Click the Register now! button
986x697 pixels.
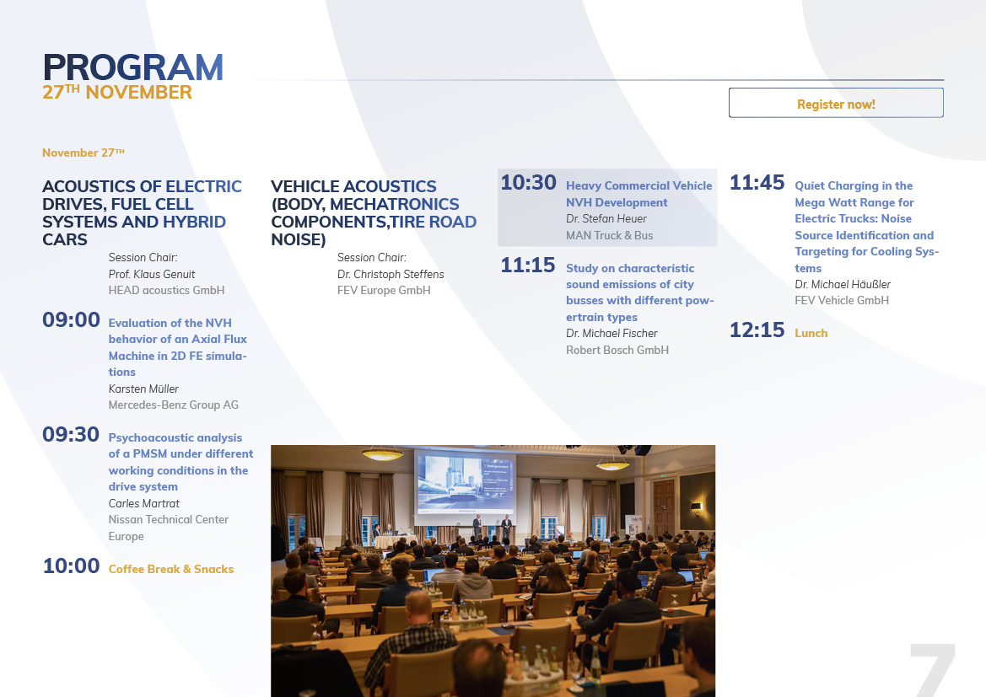pos(836,103)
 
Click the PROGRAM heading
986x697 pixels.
pos(132,67)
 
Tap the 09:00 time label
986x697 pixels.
pos(71,320)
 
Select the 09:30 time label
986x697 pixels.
pos(71,434)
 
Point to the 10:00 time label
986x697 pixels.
pos(71,566)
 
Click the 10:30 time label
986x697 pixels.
pos(528,182)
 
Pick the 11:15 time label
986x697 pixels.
pos(528,265)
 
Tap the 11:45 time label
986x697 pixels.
pos(757,182)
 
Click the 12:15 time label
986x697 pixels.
pos(757,330)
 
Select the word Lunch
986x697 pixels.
pos(811,333)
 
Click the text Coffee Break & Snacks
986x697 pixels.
pos(171,569)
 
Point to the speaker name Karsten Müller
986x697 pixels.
pos(143,389)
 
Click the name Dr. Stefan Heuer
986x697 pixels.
pos(606,219)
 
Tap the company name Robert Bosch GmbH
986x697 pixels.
pos(617,350)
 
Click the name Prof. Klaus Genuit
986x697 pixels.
pos(152,274)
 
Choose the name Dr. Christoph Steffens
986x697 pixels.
pos(391,274)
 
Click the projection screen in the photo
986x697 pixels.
pos(466,484)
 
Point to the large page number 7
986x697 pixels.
pos(933,670)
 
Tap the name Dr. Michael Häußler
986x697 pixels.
pos(843,284)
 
